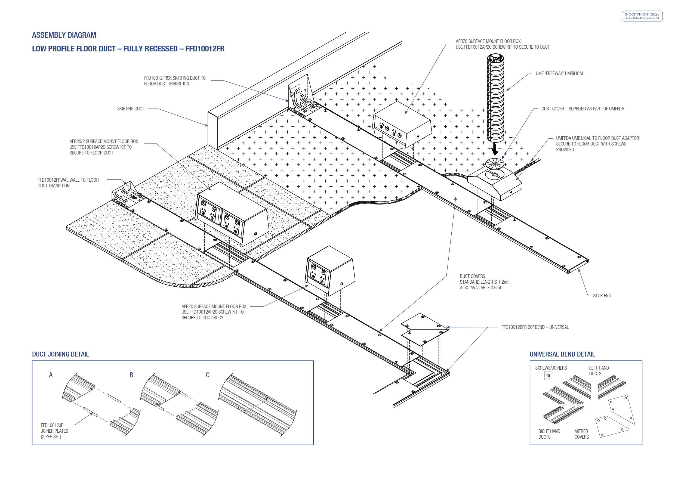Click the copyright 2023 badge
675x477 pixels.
tap(642, 16)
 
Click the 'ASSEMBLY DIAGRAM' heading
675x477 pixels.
tap(64, 35)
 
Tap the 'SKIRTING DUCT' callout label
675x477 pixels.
tap(131, 109)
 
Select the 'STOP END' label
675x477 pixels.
tap(602, 296)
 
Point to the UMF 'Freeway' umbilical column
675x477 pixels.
tap(495, 98)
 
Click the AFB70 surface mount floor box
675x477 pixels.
tap(402, 125)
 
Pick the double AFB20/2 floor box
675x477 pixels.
tap(232, 214)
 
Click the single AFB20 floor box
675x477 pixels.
tap(330, 271)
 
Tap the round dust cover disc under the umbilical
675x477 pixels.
tap(495, 163)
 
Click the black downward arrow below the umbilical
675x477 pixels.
tap(495, 149)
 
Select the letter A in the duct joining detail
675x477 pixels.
tap(51, 375)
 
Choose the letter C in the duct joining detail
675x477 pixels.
tap(208, 375)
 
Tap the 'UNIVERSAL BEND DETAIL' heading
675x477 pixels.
tap(562, 354)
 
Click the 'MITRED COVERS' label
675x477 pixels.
tap(581, 434)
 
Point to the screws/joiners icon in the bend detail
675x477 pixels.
tap(548, 376)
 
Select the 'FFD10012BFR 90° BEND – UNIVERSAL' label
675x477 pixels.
tap(535, 327)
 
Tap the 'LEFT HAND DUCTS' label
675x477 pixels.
tap(599, 371)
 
